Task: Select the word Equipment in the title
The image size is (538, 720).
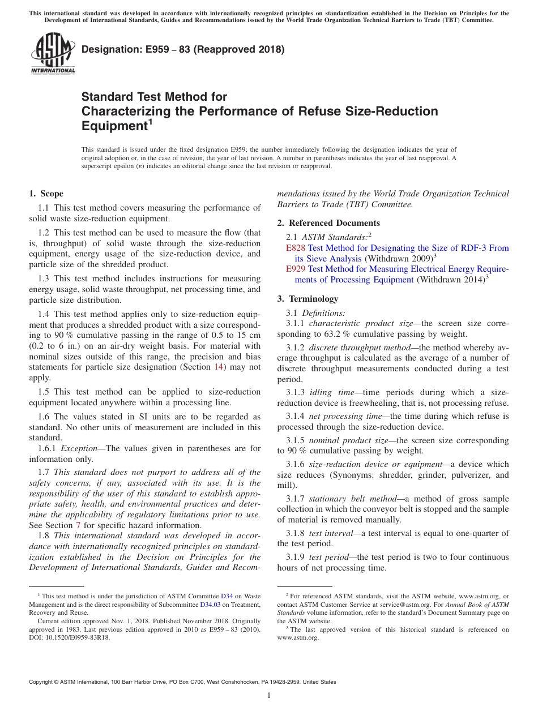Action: (x=114, y=126)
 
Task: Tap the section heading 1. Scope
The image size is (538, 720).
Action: (x=46, y=194)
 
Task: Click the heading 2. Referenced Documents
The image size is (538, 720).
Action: (x=328, y=223)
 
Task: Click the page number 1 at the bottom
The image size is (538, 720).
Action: (x=269, y=695)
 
